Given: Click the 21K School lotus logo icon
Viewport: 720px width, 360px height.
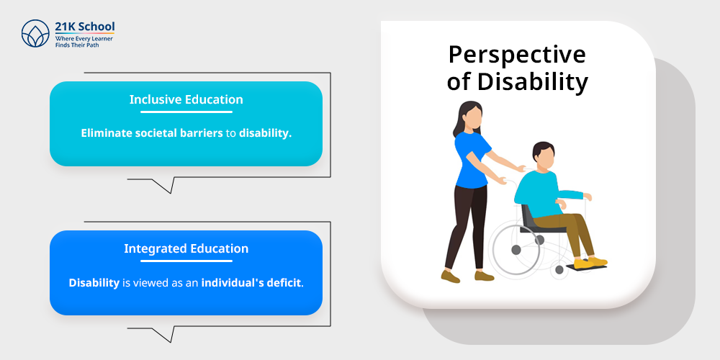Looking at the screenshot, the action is coord(35,34).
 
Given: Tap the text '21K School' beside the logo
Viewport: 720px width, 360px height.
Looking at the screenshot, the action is coord(85,27).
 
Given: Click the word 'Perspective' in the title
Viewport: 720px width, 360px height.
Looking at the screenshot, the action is coord(517,55).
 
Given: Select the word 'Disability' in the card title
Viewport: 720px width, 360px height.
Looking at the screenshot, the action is coord(533,83).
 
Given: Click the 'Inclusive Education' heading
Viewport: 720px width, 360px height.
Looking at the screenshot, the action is coord(186,99).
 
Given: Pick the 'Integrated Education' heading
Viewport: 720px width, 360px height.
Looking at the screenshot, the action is coord(186,248).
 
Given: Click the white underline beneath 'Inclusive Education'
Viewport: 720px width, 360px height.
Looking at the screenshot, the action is coord(186,112).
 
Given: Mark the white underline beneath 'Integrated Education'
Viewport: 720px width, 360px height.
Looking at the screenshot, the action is coord(186,261).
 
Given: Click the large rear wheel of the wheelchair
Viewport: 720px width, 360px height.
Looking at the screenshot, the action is coord(516,249).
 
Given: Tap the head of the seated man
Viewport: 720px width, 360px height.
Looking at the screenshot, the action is coord(543,156).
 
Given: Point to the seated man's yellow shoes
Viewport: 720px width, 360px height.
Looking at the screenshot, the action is coord(590,263).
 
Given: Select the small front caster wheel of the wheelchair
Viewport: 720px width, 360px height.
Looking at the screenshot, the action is coord(559,269).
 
